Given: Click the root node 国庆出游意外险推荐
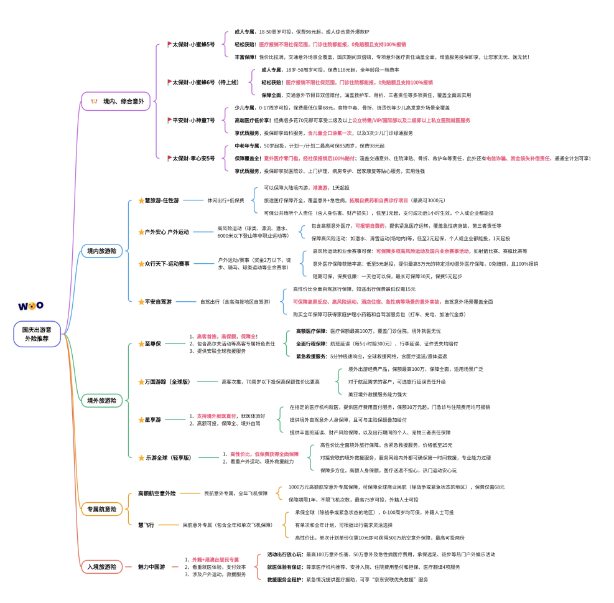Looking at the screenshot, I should point(37,334).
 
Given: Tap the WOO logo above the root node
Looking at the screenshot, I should point(30,306).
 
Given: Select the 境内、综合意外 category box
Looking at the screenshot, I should point(116,101).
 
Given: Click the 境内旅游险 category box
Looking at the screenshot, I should point(101,251).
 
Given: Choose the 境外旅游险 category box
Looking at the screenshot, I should point(101,401).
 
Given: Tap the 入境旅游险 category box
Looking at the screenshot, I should point(101,567).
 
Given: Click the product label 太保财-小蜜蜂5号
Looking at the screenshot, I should point(193,45).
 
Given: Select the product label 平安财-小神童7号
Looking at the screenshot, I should point(193,120).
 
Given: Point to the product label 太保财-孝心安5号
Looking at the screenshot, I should point(193,158).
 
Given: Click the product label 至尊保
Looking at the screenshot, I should point(153,344).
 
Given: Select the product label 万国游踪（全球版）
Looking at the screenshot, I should point(167,381).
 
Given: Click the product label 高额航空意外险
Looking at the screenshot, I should point(157,493).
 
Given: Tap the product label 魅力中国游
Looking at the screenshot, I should point(151,567).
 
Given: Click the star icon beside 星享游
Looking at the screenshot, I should point(141,420).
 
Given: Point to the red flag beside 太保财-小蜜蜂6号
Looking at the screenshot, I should point(169,82).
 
